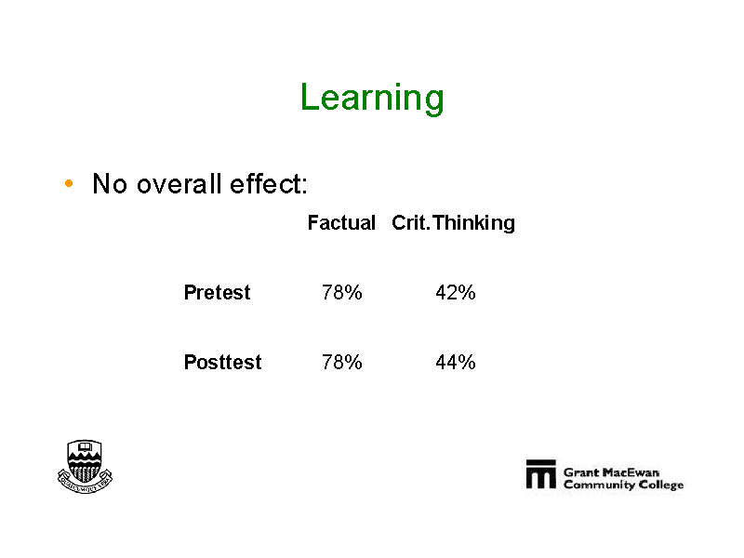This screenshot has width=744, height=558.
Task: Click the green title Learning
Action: point(372,99)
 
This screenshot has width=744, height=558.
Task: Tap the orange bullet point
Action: point(69,183)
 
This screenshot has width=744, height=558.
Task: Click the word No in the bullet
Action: point(110,183)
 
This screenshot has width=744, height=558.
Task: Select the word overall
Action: point(179,183)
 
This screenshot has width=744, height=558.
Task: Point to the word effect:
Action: point(269,183)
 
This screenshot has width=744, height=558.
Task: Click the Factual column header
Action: point(341,222)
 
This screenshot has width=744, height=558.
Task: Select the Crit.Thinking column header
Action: point(453,223)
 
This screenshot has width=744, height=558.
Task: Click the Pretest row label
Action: point(217,292)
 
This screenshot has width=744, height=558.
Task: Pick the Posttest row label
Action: point(222,362)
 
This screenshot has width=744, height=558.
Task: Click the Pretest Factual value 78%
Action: point(341,292)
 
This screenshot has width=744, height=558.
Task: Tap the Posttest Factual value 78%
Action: point(341,362)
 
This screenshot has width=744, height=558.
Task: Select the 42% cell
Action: point(456,292)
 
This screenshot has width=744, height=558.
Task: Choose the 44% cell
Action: point(456,362)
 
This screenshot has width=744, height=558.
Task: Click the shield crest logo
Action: point(85,467)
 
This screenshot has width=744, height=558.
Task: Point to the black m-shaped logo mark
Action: point(541,473)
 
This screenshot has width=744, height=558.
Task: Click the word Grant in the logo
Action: point(582,472)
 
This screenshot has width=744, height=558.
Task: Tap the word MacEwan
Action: point(631,472)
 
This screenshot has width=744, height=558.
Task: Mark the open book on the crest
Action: point(85,447)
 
